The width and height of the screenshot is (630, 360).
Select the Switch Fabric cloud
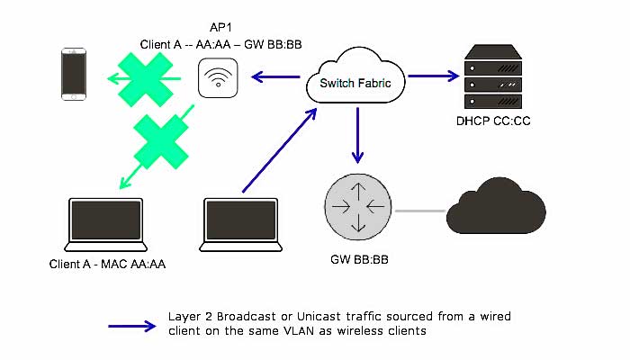point(355,80)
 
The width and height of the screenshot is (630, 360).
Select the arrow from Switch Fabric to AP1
point(274,78)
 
